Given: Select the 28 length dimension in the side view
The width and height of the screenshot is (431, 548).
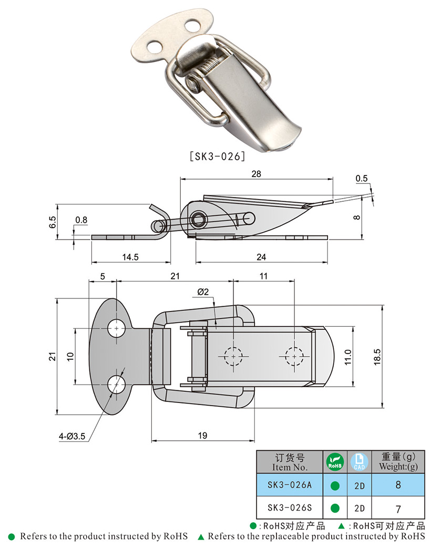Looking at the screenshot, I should pos(256,173).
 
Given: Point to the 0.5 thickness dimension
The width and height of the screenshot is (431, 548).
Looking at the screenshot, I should pos(362,179).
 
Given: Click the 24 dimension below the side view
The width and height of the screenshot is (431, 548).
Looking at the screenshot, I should pos(261,257).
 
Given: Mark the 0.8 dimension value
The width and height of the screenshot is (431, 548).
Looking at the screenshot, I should pos(81,219).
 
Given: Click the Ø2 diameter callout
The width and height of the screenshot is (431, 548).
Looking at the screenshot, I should pos(203,292).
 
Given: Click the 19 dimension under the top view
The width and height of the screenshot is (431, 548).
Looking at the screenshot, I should pos(203,435).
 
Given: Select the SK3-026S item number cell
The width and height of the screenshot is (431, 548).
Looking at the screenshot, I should pos(290,508).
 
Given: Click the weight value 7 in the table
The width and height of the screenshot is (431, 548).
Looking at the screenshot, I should pos(397,508).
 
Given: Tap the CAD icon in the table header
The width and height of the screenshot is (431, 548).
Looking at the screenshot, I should pos(360,461).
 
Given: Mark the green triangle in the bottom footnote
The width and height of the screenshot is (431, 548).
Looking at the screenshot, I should pos(200,537).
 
